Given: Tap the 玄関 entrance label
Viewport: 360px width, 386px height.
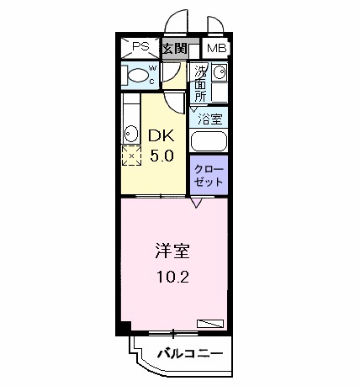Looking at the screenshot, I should (x=174, y=49).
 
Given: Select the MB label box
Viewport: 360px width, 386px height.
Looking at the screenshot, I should (x=216, y=49).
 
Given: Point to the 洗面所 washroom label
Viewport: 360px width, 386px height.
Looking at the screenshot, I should (x=200, y=83).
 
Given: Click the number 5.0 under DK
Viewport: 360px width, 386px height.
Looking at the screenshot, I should (x=161, y=156).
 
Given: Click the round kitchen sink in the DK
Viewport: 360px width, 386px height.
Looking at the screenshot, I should (x=131, y=134).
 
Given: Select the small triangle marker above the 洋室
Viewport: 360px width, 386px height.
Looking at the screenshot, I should (x=195, y=202).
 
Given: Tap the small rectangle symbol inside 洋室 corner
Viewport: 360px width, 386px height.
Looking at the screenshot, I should (x=209, y=322).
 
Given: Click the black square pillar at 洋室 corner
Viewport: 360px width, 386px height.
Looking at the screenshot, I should (x=124, y=327).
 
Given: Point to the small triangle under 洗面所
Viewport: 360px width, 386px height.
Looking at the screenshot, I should (x=192, y=108).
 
